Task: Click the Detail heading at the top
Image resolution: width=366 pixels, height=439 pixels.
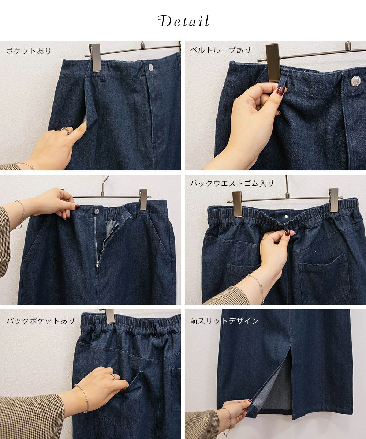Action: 183,21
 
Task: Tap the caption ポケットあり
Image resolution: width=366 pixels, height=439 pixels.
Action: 29,51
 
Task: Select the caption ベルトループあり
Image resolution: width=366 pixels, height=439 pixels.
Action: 220,50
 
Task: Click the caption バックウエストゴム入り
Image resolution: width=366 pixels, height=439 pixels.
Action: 232,183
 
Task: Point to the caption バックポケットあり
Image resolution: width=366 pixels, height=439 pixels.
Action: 40,321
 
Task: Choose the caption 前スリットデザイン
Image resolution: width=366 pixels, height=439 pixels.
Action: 224,321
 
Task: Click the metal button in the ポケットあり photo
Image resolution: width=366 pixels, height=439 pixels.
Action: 151,67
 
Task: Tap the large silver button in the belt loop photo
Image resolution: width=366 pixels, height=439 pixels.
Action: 356,81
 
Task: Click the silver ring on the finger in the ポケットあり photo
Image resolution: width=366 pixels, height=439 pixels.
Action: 66,131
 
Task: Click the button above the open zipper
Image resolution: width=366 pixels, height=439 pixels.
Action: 97,211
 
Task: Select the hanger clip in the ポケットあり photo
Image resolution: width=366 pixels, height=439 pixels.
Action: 96,58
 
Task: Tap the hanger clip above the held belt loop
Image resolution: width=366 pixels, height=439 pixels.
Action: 273,62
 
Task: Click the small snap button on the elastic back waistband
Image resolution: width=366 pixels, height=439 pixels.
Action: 286,217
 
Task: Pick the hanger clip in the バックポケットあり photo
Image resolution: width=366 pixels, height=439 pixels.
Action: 109,316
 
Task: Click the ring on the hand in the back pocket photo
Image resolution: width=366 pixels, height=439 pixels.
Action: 112,376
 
